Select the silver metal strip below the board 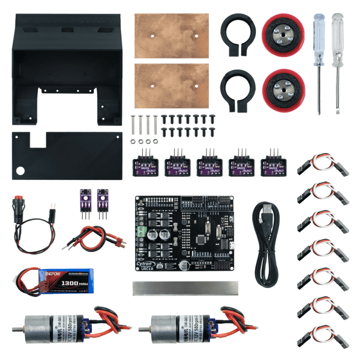click(x=185, y=288)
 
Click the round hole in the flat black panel click(x=21, y=171)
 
